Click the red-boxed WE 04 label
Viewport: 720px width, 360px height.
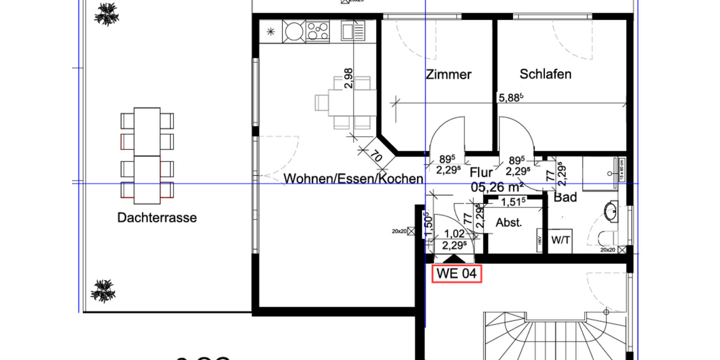457,274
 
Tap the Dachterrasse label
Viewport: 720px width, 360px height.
157,218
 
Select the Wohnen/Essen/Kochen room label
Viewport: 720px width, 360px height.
353,179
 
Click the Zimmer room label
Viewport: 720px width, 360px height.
449,75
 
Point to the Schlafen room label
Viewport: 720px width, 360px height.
545,74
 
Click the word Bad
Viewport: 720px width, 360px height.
565,197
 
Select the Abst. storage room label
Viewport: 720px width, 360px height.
509,223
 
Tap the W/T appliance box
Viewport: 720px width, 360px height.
560,241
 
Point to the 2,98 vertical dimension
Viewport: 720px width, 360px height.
349,78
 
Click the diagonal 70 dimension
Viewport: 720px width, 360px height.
377,158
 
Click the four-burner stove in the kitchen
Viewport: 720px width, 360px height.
318,31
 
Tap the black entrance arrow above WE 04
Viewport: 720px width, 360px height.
450,259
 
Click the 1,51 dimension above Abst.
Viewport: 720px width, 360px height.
514,201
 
